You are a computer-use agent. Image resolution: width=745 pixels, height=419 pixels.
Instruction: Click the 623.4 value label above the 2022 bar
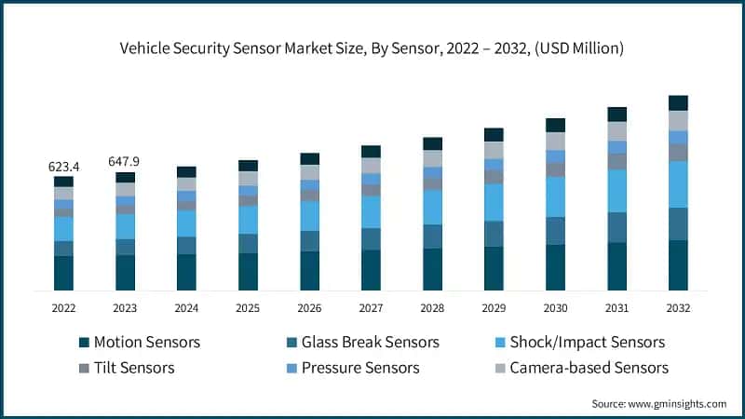tap(63, 167)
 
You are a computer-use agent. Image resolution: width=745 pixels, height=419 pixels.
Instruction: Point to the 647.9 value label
tap(125, 161)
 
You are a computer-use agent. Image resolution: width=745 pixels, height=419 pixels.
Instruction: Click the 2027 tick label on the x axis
tap(371, 306)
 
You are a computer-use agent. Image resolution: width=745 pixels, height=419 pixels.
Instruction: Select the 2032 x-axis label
tap(678, 306)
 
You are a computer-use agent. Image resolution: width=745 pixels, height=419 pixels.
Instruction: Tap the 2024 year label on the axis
tap(186, 306)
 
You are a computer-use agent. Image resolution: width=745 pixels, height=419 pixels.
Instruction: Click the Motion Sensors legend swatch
tap(86, 343)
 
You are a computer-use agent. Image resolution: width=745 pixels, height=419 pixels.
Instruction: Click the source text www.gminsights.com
tap(678, 403)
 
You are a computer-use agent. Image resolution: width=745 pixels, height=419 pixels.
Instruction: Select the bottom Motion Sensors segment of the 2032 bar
tap(678, 264)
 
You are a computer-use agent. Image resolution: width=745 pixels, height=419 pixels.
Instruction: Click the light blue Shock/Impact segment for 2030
tap(555, 196)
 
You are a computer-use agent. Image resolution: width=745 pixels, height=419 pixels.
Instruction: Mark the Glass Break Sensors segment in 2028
tap(432, 237)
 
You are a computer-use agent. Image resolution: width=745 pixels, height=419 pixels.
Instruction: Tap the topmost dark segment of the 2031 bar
tap(616, 115)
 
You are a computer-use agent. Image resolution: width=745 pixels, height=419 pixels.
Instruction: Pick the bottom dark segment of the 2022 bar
tap(63, 273)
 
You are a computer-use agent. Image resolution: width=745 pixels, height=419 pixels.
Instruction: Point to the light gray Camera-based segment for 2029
tap(494, 150)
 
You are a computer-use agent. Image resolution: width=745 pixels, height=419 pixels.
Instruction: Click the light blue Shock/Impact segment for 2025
tap(248, 220)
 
